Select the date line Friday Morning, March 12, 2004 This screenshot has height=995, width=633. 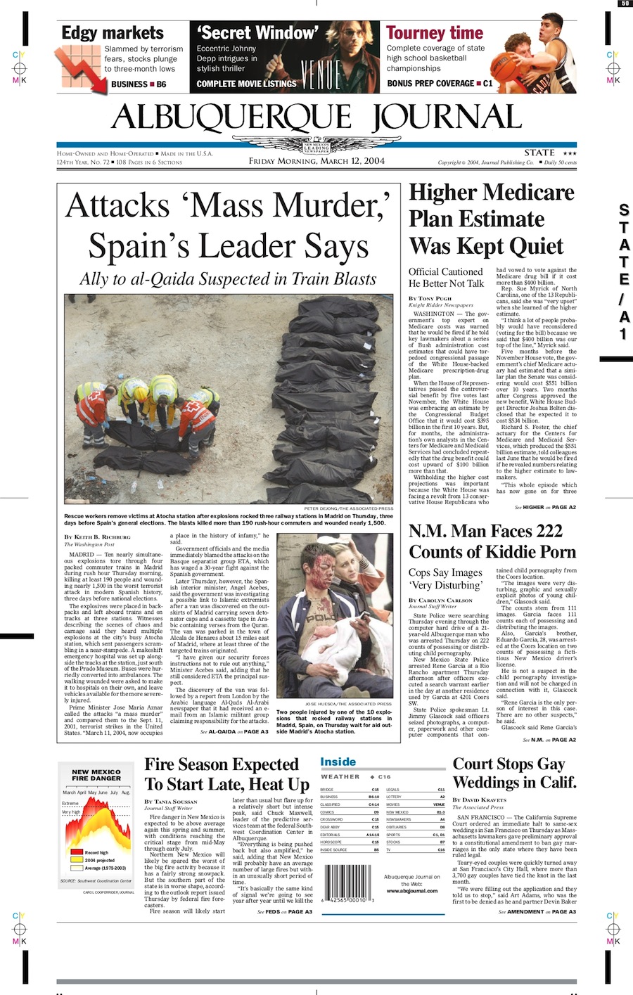[316, 161]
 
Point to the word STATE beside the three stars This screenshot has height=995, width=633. [539, 153]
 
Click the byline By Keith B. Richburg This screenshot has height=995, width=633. [97, 537]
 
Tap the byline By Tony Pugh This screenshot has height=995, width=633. [430, 299]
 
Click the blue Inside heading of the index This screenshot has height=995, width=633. [338, 762]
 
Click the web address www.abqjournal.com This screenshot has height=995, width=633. [412, 891]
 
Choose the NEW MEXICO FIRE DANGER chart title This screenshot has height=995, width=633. [96, 776]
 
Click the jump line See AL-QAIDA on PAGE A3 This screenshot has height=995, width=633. [234, 732]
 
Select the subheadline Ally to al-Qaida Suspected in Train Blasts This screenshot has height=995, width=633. [228, 279]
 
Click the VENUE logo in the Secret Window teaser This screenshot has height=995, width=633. [321, 72]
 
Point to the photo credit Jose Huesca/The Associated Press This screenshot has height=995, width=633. [348, 704]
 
